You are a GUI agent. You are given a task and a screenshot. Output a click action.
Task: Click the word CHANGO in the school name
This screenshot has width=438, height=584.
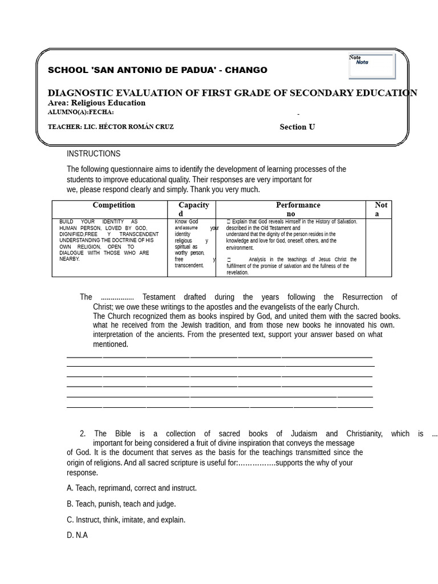(246, 70)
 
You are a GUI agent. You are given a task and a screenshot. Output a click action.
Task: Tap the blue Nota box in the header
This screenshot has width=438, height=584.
(371, 66)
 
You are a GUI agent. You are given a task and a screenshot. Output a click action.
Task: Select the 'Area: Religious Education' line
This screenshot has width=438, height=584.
(96, 103)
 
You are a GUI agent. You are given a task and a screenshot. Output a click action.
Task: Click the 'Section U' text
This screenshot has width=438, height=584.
(297, 127)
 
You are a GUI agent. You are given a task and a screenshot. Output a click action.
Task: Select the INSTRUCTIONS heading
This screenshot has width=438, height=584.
(94, 153)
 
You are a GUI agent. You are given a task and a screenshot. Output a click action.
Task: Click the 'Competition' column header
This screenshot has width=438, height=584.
(113, 205)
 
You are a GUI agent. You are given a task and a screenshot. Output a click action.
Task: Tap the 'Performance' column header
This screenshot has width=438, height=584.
(298, 205)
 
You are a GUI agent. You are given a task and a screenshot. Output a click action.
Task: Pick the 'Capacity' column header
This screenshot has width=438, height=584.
(193, 205)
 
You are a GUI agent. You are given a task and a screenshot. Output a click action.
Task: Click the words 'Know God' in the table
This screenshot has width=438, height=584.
(186, 221)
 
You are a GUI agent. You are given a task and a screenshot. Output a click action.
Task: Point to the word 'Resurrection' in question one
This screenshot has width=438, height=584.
(363, 297)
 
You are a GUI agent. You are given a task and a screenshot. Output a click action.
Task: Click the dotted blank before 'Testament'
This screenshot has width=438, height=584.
(117, 297)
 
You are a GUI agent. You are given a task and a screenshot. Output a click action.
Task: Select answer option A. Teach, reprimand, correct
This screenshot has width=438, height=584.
(131, 488)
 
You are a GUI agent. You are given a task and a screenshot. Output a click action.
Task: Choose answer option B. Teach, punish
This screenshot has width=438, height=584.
(121, 504)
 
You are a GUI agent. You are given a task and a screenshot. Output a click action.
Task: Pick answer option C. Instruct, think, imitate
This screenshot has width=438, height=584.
(125, 520)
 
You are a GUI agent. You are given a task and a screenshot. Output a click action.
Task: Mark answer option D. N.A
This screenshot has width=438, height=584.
(77, 536)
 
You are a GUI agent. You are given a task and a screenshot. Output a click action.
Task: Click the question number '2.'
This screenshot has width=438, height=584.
(83, 434)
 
